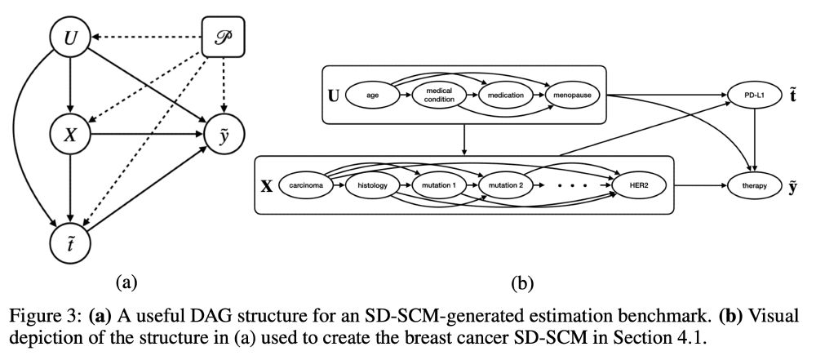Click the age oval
point(372,96)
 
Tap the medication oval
point(506,96)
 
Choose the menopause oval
point(572,96)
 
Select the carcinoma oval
point(304,185)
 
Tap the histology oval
point(371,185)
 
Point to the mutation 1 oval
point(437,185)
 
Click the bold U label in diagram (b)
point(334,96)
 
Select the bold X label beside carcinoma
point(266,186)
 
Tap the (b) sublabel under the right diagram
point(521,283)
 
